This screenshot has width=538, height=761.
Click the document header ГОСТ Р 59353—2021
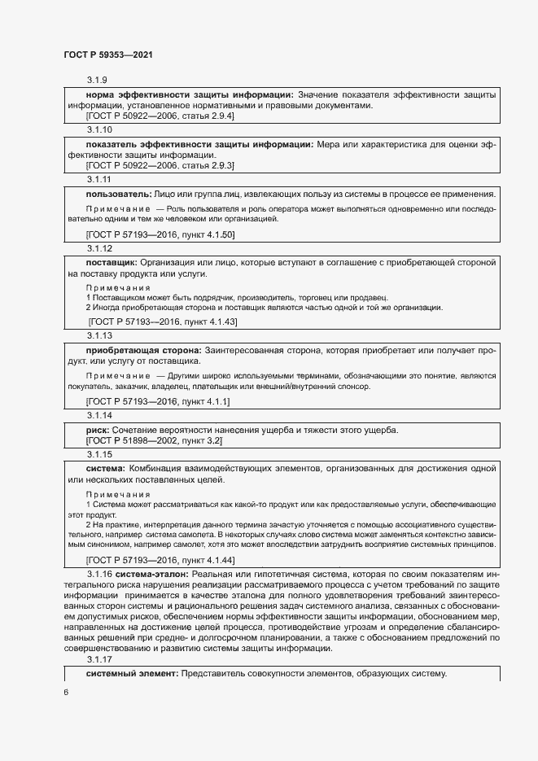[x=108, y=55]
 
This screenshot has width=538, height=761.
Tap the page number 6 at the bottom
[x=66, y=692]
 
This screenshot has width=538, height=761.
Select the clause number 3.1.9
[x=98, y=80]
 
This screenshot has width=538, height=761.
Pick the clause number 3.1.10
[x=99, y=129]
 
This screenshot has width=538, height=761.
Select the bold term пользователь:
[x=119, y=195]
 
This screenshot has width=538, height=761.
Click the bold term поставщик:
[x=112, y=264]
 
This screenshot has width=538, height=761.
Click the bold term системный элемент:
[x=133, y=675]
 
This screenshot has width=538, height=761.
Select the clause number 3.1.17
[x=99, y=660]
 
